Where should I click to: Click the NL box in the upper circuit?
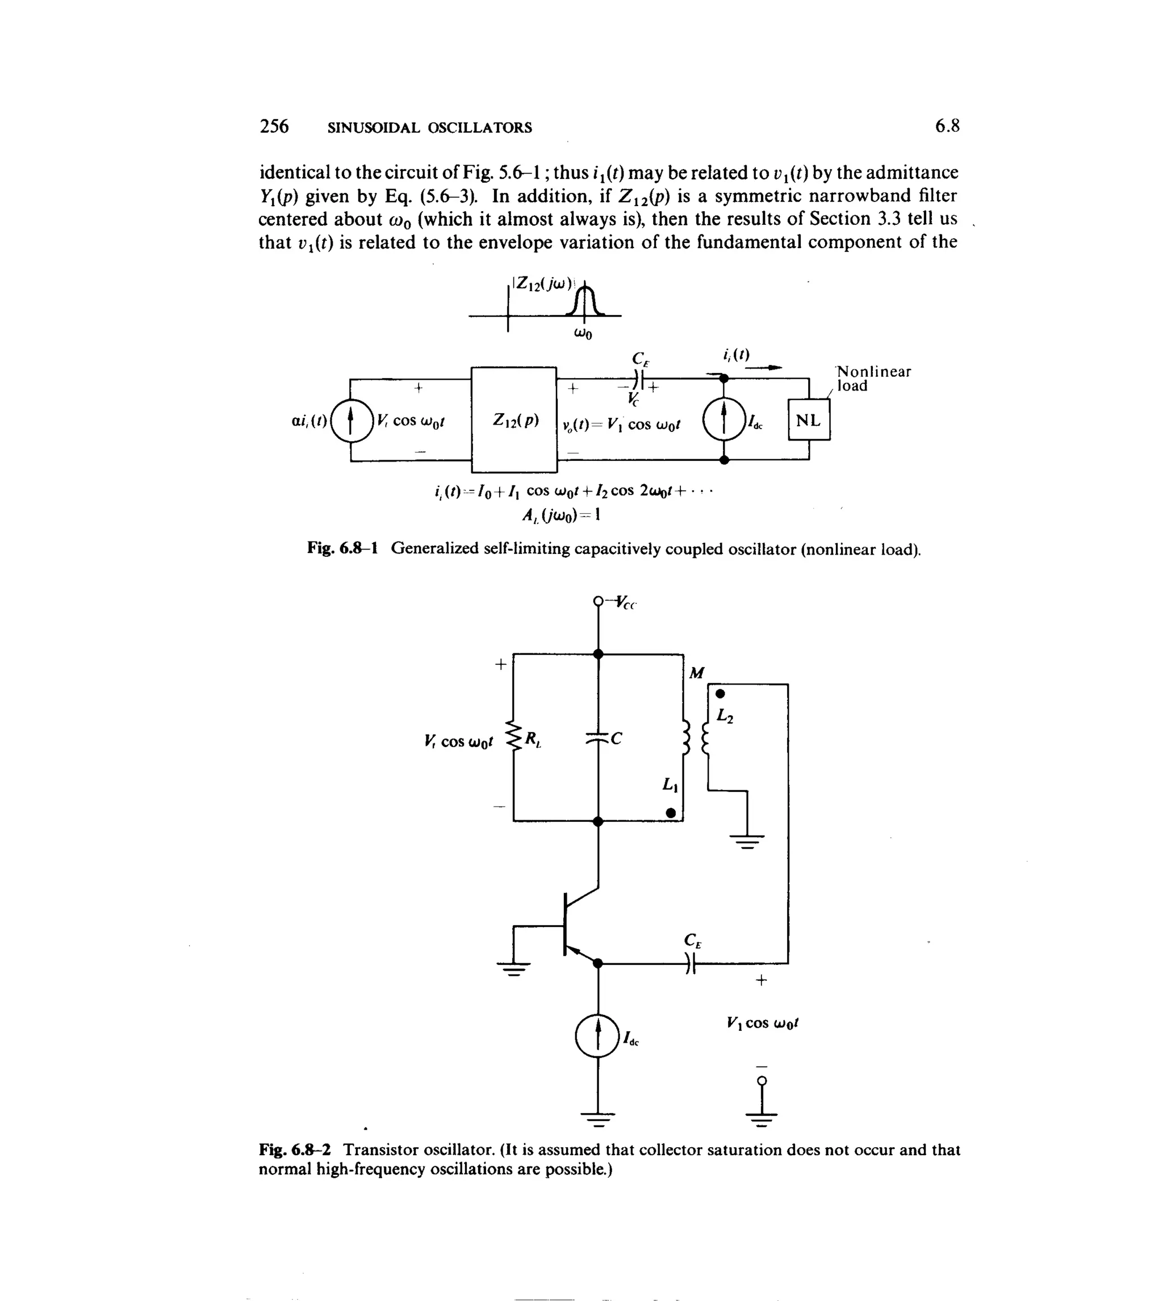(809, 419)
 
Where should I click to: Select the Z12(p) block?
(514, 419)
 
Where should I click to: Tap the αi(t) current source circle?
(351, 419)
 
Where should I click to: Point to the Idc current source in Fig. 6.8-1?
(724, 419)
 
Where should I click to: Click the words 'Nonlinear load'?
(873, 378)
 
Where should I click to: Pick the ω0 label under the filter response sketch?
(583, 333)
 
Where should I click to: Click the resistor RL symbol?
(514, 737)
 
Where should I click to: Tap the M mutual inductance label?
(697, 673)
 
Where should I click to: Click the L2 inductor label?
(725, 716)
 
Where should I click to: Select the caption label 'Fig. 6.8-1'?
(342, 548)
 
